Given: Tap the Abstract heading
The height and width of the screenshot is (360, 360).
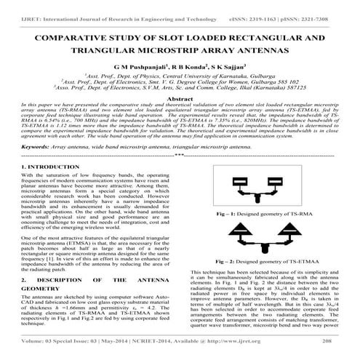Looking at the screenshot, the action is [180, 98].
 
